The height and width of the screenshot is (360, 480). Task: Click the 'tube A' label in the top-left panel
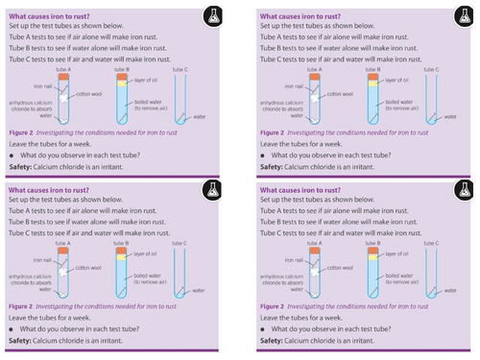point(64,70)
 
